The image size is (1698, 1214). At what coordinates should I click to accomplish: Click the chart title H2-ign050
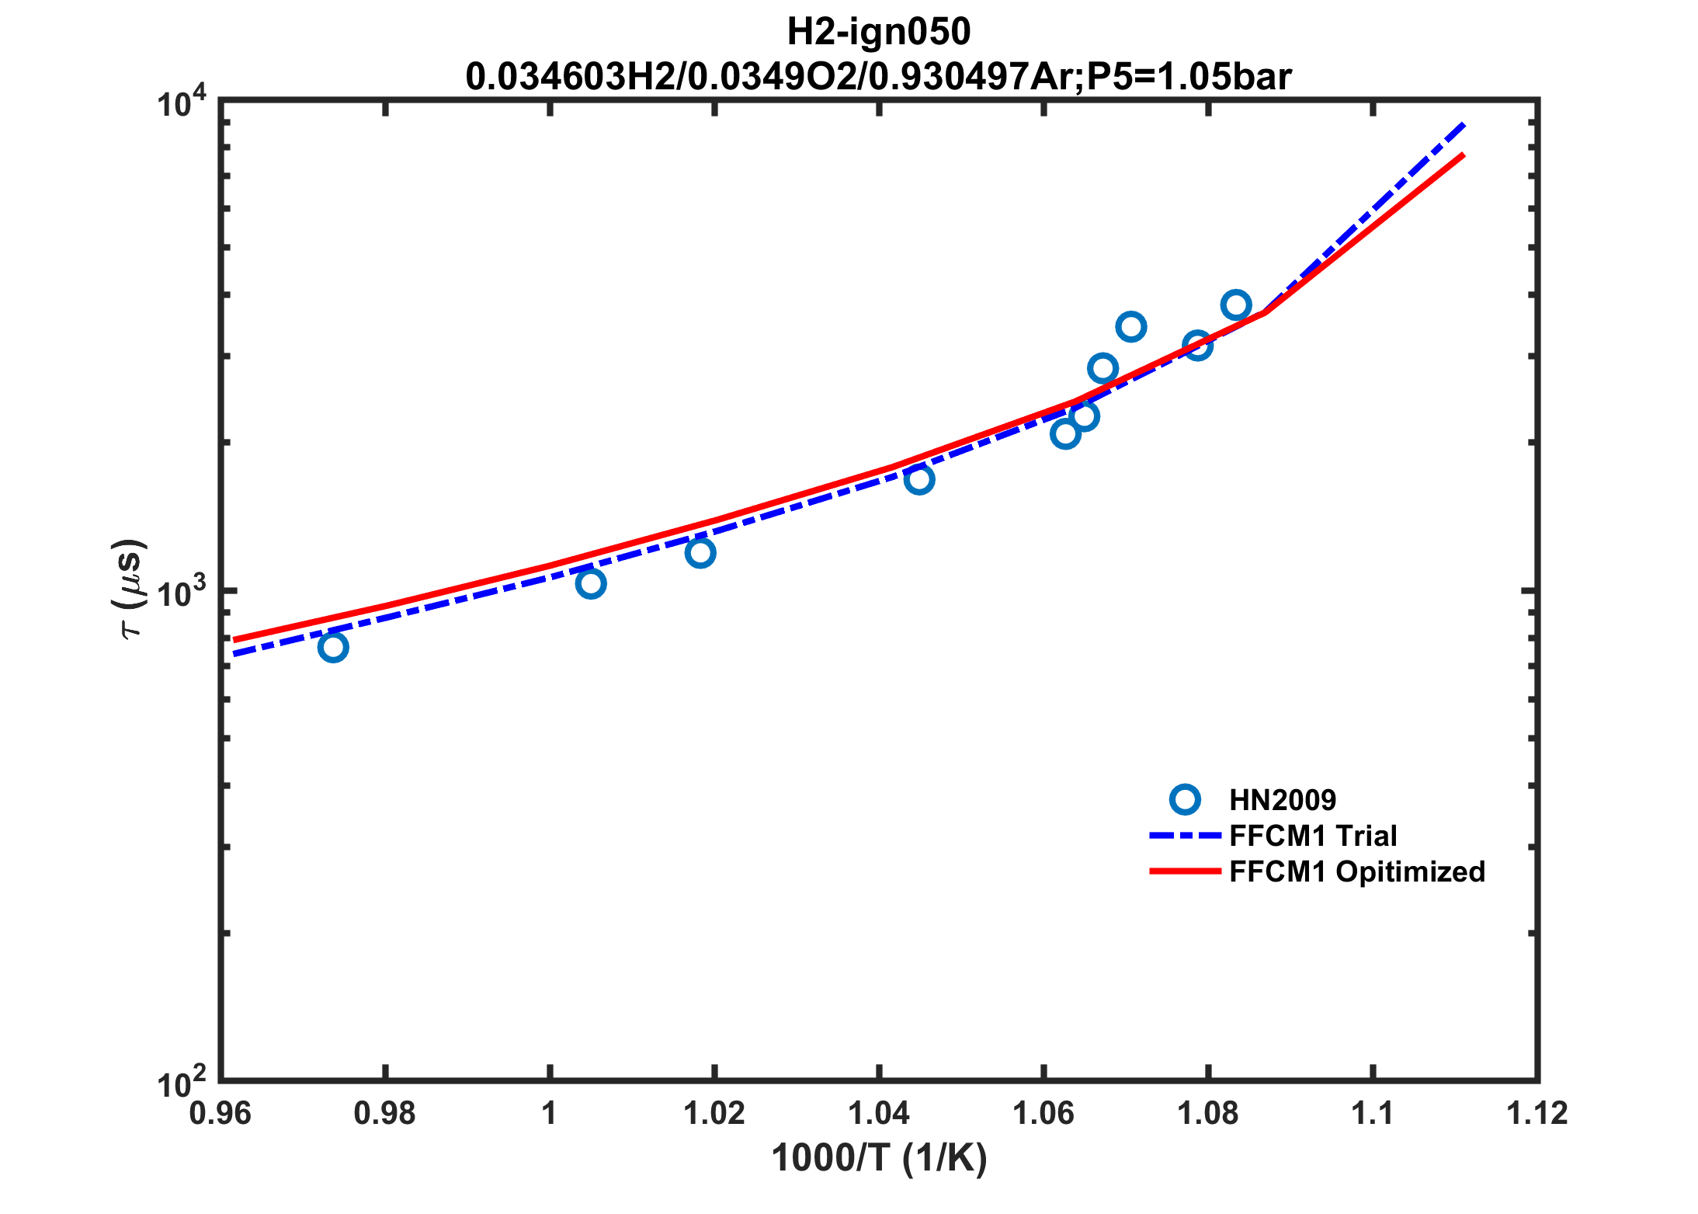pos(878,32)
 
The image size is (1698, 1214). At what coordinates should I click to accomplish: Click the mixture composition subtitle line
pos(878,76)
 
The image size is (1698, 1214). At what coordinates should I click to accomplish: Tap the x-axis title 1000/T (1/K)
pos(879,1159)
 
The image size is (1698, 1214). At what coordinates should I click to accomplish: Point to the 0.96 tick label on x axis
pos(220,1114)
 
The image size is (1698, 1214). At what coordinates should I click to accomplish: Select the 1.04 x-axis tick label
pos(879,1114)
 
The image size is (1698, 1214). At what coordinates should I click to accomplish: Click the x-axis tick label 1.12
pos(1537,1114)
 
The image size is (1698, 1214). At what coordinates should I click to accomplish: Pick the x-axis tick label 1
pos(550,1114)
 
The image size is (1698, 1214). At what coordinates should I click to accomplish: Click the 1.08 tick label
pos(1208,1114)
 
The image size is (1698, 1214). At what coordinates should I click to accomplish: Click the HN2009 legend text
pos(1283,800)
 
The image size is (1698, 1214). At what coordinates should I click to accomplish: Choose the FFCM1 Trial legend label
pos(1313,836)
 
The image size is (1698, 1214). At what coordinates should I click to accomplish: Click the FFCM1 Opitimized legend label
pos(1357,871)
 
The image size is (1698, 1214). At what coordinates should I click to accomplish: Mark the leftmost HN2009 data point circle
pos(333,647)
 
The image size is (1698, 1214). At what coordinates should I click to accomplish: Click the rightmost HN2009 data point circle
pos(1235,305)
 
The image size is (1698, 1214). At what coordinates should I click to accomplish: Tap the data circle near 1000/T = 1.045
pos(919,479)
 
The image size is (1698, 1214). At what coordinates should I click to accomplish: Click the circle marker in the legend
pos(1185,800)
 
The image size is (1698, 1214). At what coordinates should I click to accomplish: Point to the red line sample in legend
pos(1185,871)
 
